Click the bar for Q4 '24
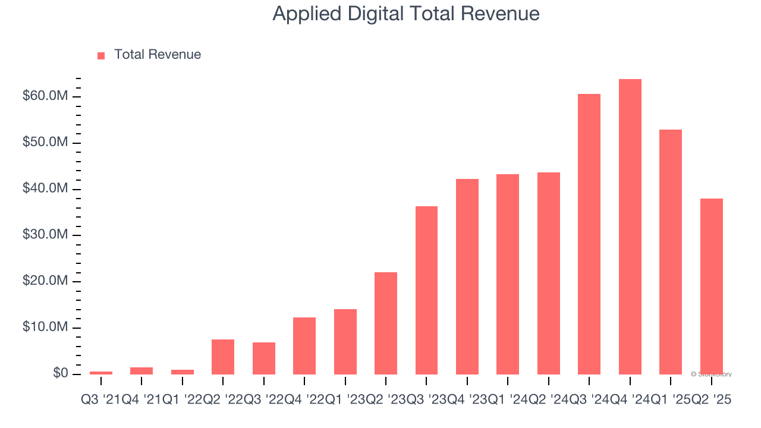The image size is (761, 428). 630,226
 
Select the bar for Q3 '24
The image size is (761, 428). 589,234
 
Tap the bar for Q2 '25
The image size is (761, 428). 711,286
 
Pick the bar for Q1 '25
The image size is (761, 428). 671,252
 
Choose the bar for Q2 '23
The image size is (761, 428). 386,323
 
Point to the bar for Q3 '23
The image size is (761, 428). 426,290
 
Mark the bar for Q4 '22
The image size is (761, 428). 304,346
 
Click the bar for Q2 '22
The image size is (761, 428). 223,357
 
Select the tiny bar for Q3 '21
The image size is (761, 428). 101,373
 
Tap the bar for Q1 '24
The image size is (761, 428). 508,274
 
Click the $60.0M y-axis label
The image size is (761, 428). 45,96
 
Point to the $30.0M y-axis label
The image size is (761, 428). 45,235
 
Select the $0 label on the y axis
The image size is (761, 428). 60,373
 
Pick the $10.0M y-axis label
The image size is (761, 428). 45,328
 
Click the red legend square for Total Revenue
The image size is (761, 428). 101,55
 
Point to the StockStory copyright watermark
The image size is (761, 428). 711,374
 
